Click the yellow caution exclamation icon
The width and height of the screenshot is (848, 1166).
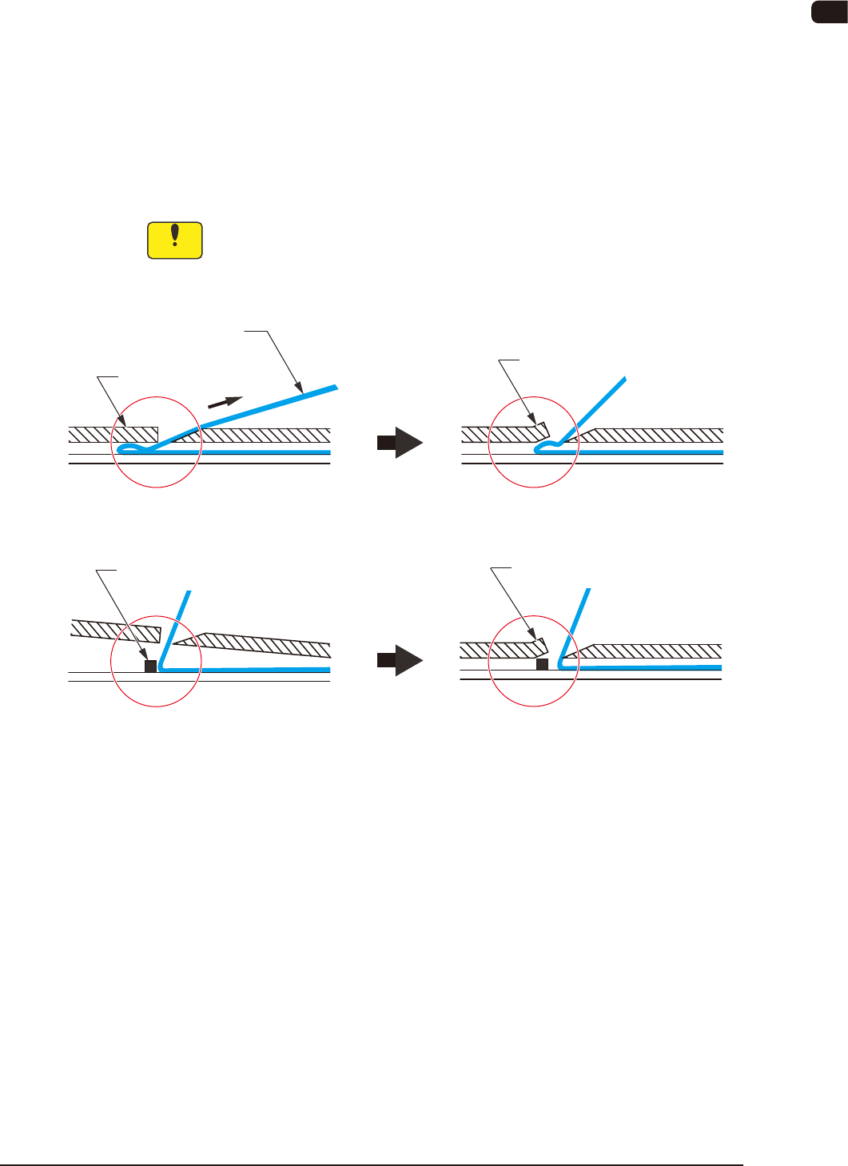pos(175,241)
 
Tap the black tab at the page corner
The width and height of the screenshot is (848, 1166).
pos(830,12)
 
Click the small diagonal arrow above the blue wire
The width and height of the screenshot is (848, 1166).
pos(225,401)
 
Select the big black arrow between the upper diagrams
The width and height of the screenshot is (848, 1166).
pos(400,442)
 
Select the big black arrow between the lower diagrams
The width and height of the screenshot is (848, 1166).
pos(400,660)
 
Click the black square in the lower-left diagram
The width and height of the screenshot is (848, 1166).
pos(150,666)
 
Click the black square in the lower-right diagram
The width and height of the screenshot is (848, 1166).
pos(542,664)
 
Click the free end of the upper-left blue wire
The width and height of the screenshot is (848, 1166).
pos(335,387)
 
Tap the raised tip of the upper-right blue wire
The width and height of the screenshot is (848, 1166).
pos(624,378)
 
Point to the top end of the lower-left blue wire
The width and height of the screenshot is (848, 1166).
pos(189,592)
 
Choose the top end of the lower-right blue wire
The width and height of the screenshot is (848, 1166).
pos(589,591)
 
